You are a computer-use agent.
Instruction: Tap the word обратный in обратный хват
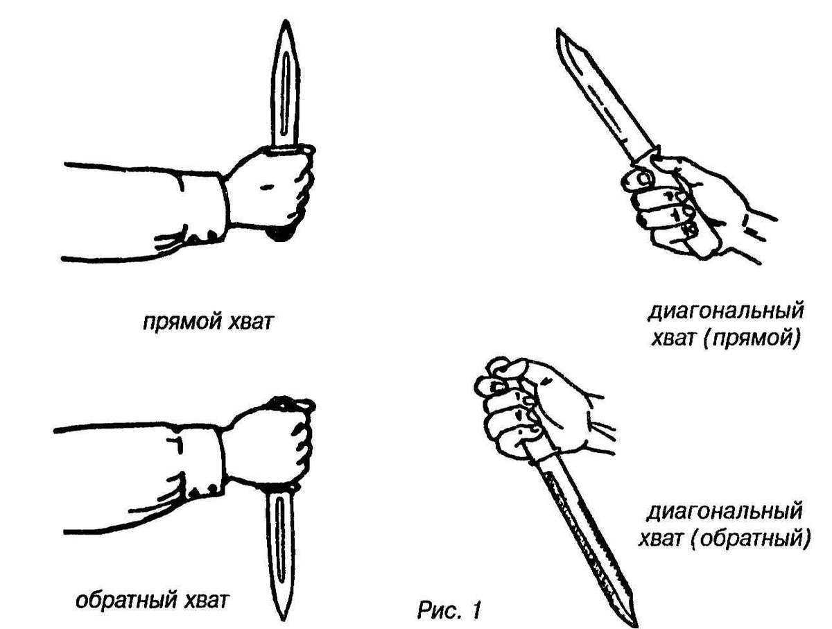[x=127, y=601]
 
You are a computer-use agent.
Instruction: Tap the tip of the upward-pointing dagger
[x=286, y=21]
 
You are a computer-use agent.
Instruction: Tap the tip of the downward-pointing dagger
[x=282, y=619]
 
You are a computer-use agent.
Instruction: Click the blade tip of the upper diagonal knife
[x=558, y=30]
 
